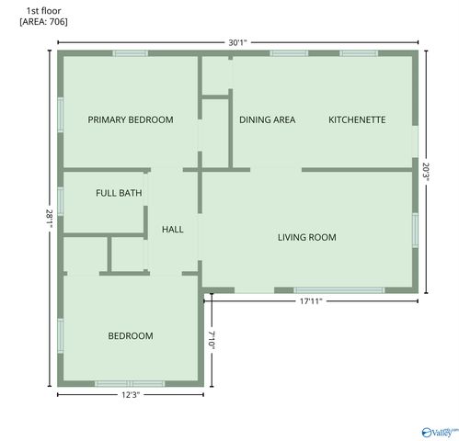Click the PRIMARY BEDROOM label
tap(130, 119)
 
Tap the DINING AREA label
tap(267, 119)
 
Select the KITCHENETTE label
tap(357, 119)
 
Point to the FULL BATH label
tap(119, 193)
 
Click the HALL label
tap(172, 229)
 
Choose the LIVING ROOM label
tap(307, 237)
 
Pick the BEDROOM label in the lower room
tap(131, 335)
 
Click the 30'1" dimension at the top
tap(238, 41)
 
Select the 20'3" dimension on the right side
tap(426, 172)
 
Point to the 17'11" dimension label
tap(311, 300)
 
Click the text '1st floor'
tap(44, 9)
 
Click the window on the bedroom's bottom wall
tap(129, 383)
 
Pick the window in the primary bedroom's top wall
tap(131, 53)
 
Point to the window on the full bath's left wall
tap(60, 200)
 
